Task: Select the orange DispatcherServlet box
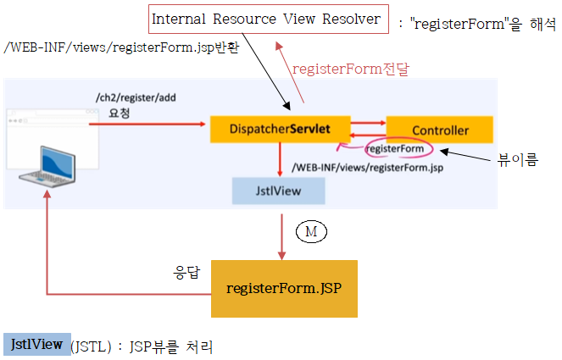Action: click(x=279, y=130)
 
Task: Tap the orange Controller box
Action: click(x=440, y=130)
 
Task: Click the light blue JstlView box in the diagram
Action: click(x=279, y=191)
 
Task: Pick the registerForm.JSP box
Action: click(x=284, y=288)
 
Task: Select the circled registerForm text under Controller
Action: click(x=394, y=150)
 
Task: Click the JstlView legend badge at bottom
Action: click(x=36, y=345)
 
